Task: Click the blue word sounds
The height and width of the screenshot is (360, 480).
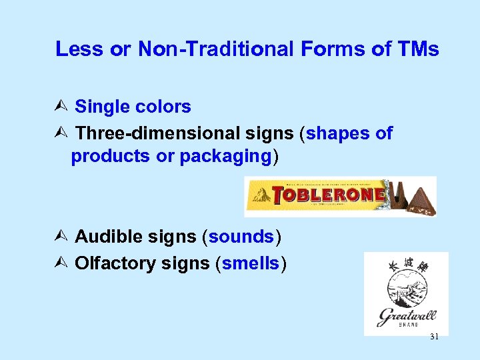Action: (x=241, y=237)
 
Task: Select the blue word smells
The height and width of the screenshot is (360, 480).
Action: (x=250, y=263)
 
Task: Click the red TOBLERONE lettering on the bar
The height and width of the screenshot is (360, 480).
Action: (x=330, y=195)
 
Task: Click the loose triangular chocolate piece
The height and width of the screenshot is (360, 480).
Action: (x=421, y=200)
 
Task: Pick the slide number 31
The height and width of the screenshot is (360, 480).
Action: (x=434, y=337)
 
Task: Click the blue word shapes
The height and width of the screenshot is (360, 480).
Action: (x=339, y=133)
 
